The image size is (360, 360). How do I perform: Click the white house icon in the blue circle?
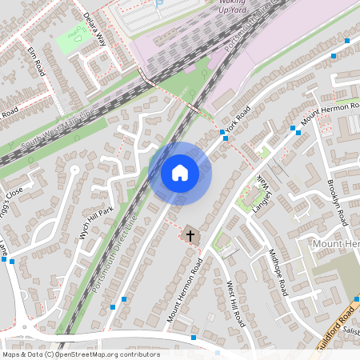[180, 172]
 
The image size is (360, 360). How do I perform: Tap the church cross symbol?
[190, 235]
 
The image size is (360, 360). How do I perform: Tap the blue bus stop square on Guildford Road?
[356, 299]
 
